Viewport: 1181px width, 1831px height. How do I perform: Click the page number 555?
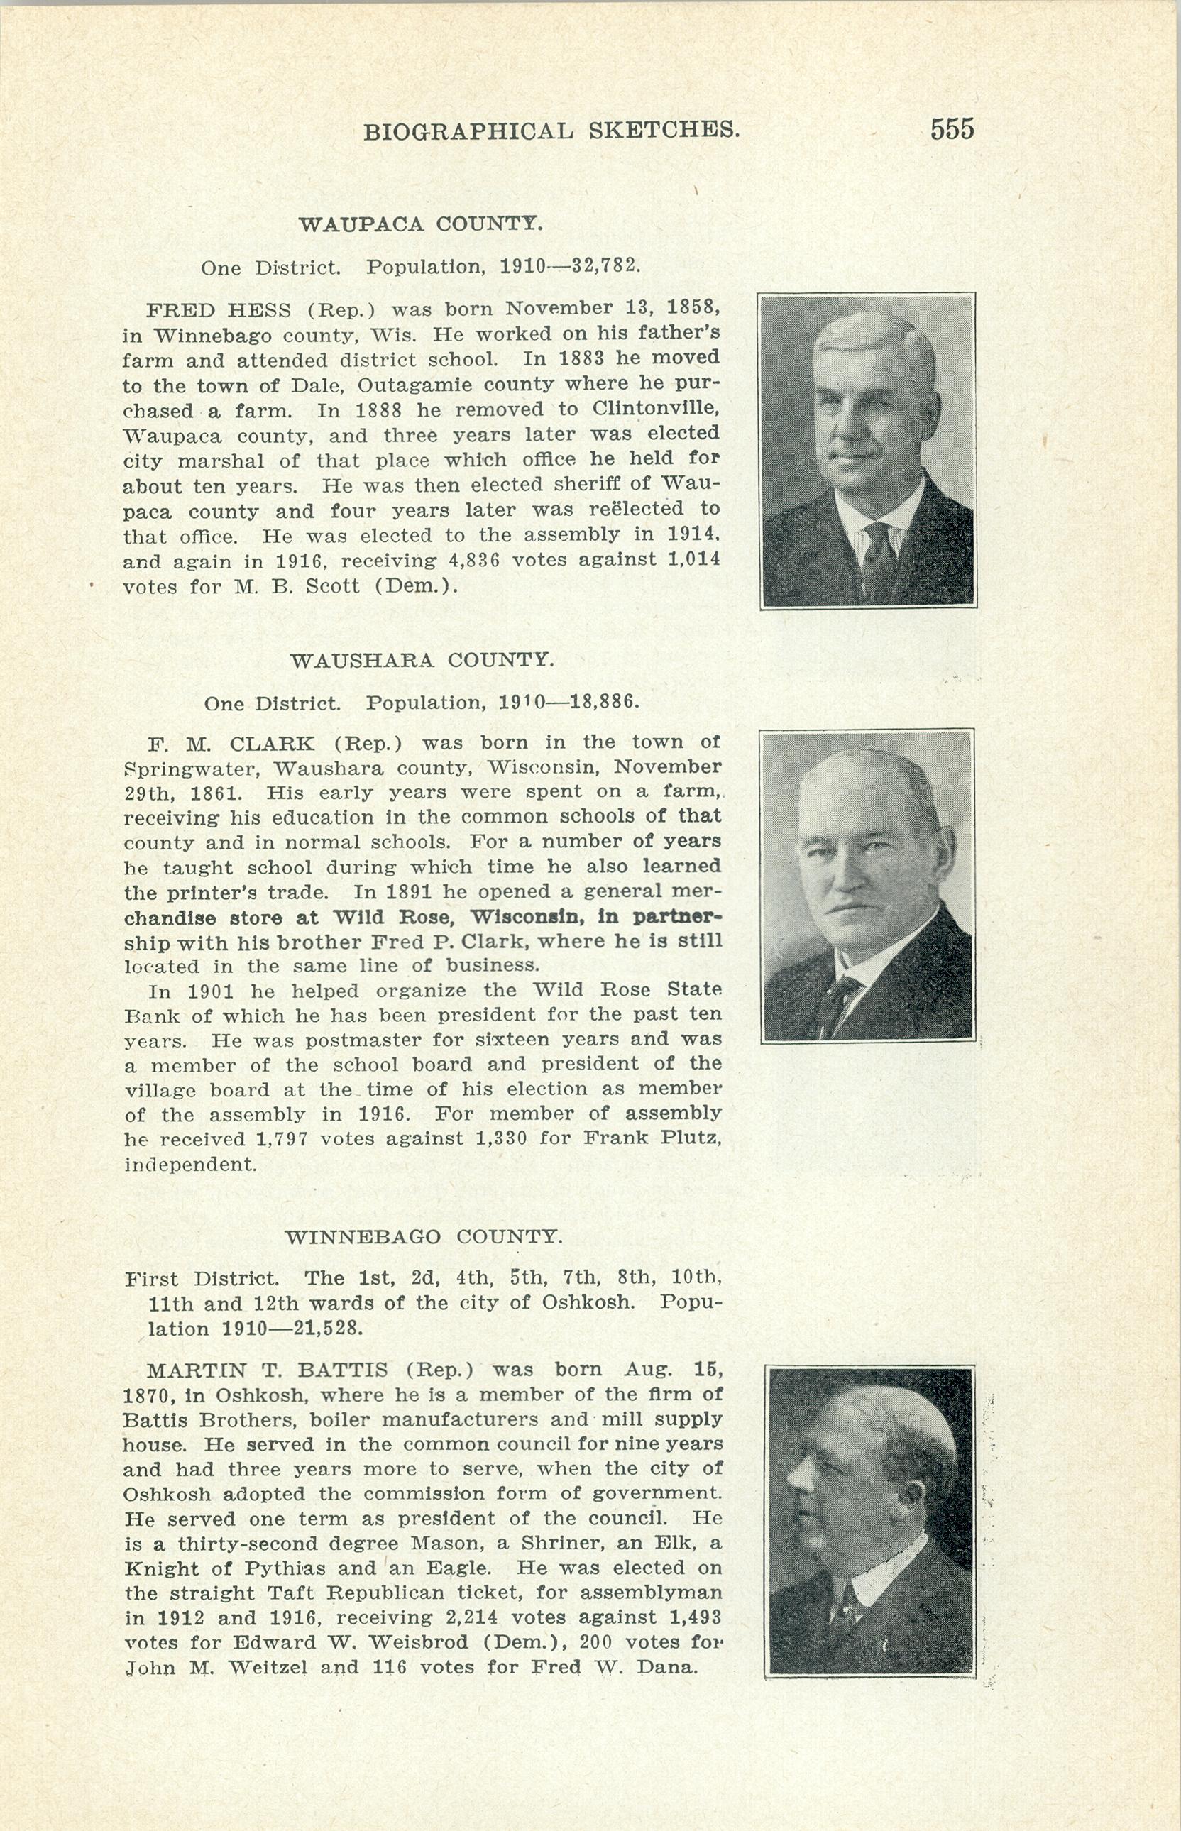[952, 129]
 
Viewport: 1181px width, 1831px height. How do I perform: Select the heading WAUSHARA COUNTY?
[421, 659]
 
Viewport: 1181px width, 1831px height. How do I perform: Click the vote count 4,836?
[473, 561]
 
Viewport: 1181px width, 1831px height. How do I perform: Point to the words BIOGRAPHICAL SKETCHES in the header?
[551, 131]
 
